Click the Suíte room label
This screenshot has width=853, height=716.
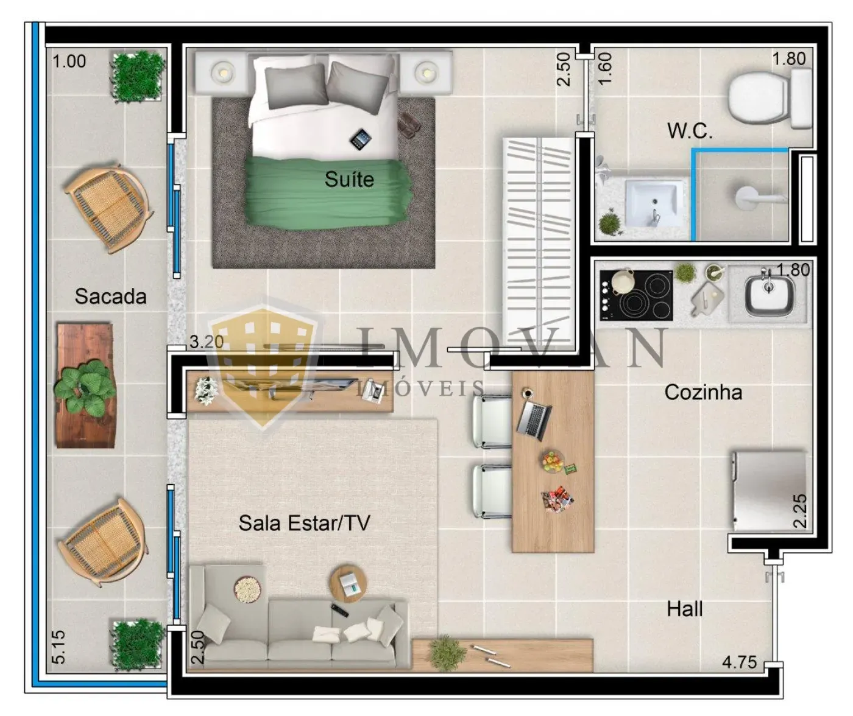[x=349, y=179]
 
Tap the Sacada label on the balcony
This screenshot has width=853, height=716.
[x=111, y=297]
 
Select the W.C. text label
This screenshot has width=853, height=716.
[x=690, y=131]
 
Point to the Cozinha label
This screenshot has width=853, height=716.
[x=703, y=392]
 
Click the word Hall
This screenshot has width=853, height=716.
[x=685, y=609]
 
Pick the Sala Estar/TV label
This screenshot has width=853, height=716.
[x=305, y=523]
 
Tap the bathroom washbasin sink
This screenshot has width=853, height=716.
[x=653, y=204]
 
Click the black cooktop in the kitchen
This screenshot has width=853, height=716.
[x=636, y=295]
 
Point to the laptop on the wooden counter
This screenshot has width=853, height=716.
[x=534, y=421]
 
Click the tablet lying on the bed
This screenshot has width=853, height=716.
[x=361, y=139]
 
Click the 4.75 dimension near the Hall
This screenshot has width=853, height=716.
[x=740, y=662]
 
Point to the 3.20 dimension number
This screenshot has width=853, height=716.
[x=207, y=342]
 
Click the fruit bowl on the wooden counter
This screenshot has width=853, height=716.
[x=553, y=462]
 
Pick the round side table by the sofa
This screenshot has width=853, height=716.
[x=348, y=584]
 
